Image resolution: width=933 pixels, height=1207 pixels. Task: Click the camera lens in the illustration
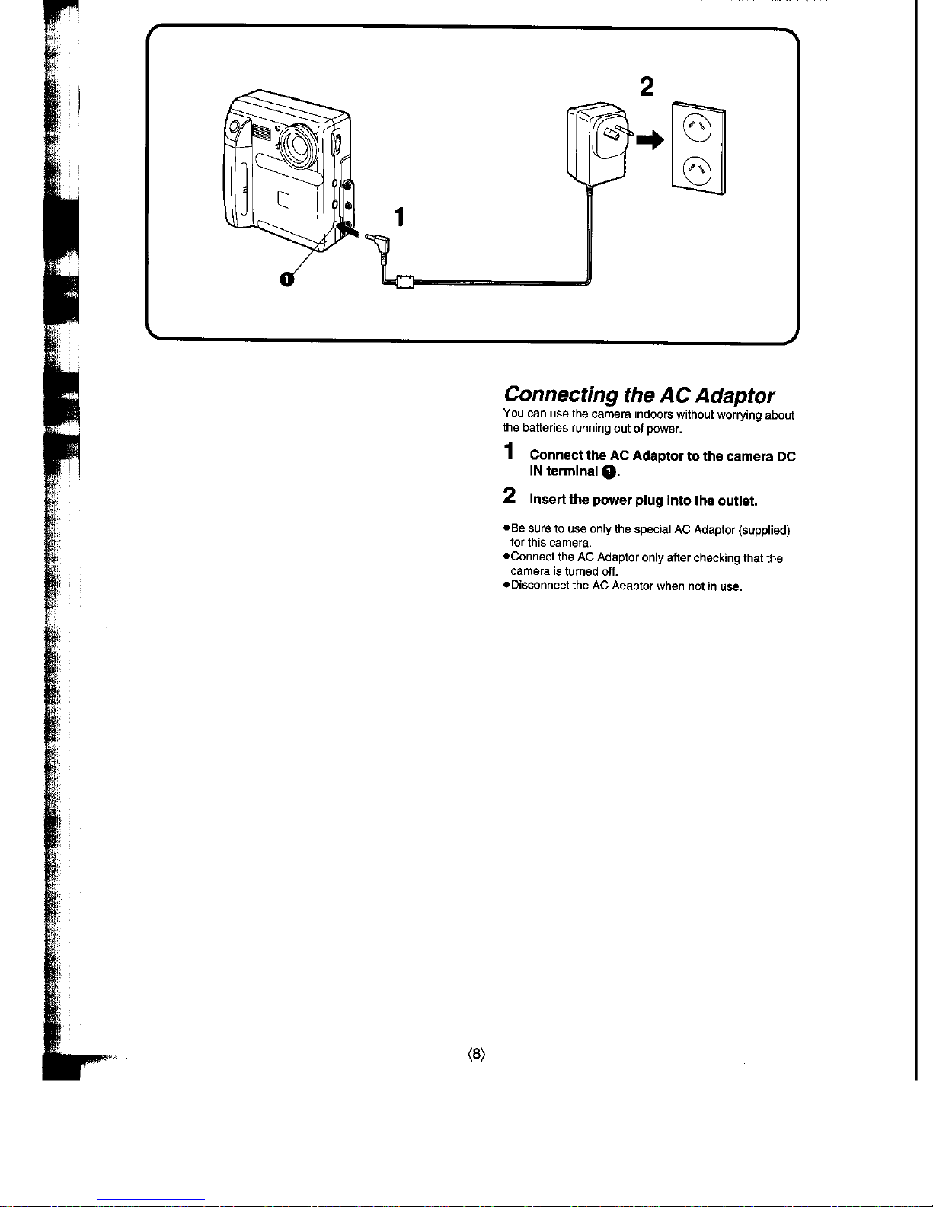click(x=300, y=145)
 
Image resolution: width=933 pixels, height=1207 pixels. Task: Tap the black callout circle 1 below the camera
click(x=286, y=279)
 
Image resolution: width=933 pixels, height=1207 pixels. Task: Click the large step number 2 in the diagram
click(x=647, y=87)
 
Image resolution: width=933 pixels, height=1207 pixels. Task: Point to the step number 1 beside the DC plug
click(x=399, y=216)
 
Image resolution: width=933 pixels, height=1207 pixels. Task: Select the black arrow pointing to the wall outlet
click(x=650, y=140)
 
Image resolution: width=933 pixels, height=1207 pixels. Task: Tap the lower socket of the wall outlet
click(x=697, y=171)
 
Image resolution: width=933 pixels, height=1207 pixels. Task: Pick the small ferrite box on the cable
click(x=404, y=283)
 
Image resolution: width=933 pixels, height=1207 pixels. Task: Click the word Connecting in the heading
click(x=561, y=395)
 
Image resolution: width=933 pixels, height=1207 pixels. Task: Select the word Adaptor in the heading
click(x=735, y=396)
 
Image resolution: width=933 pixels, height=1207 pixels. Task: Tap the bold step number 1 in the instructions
click(x=509, y=452)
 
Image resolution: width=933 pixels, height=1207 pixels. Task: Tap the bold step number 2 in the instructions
click(x=510, y=496)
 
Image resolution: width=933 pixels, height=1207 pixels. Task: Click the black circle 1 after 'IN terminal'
click(x=609, y=472)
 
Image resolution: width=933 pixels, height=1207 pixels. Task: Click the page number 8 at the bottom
click(x=477, y=1054)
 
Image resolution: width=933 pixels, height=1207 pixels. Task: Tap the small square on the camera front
click(x=284, y=200)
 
